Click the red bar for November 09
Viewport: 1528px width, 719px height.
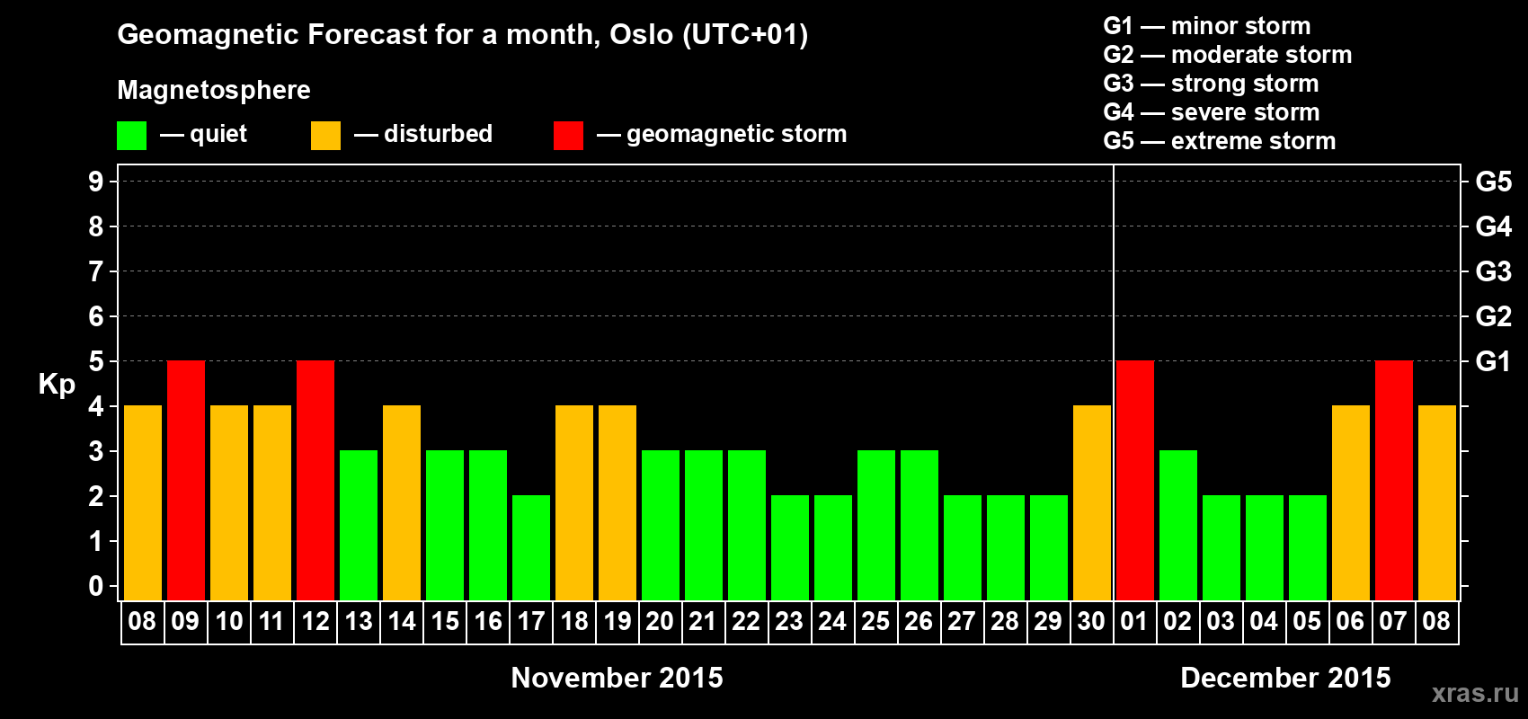pyautogui.click(x=186, y=480)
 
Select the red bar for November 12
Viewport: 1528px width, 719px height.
pyautogui.click(x=315, y=480)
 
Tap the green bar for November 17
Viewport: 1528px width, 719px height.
pyautogui.click(x=531, y=547)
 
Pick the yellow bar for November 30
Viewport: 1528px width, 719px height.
pyautogui.click(x=1092, y=502)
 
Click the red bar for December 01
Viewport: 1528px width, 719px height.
pyautogui.click(x=1135, y=480)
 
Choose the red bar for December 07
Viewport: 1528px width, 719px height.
pyautogui.click(x=1394, y=480)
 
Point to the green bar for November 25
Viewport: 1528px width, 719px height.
pyautogui.click(x=876, y=525)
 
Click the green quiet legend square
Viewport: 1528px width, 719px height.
pyautogui.click(x=131, y=135)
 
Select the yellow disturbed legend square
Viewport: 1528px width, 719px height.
pyautogui.click(x=325, y=135)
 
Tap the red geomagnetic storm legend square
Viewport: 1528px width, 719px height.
pyautogui.click(x=568, y=135)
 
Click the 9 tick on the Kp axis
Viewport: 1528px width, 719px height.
pyautogui.click(x=95, y=182)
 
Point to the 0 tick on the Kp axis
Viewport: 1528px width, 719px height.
pyautogui.click(x=95, y=586)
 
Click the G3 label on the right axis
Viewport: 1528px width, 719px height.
pyautogui.click(x=1494, y=271)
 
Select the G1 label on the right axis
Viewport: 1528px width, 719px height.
pyautogui.click(x=1493, y=361)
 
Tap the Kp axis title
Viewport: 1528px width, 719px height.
pyautogui.click(x=57, y=385)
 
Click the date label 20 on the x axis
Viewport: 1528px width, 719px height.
pyautogui.click(x=660, y=621)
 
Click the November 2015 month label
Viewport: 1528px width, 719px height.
pyautogui.click(x=617, y=678)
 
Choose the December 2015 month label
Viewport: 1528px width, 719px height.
pyautogui.click(x=1285, y=678)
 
